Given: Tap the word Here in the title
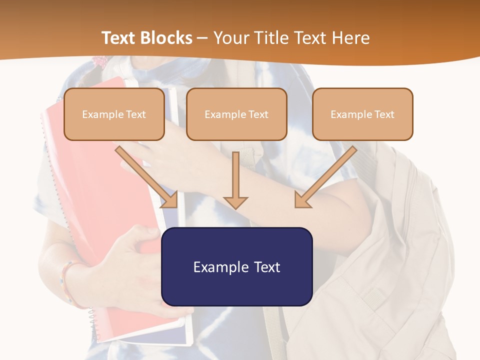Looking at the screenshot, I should pyautogui.click(x=350, y=38).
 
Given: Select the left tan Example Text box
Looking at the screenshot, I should pyautogui.click(x=114, y=114).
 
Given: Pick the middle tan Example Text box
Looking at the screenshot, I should pyautogui.click(x=236, y=114).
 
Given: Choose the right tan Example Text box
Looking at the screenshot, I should pyautogui.click(x=362, y=114).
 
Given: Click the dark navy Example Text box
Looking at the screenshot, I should pyautogui.click(x=236, y=266).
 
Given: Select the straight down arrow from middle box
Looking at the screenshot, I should pyautogui.click(x=235, y=180).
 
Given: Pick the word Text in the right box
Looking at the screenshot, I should pyautogui.click(x=384, y=114).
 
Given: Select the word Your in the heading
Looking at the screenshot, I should pyautogui.click(x=230, y=38).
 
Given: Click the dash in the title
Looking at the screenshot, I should pyautogui.click(x=202, y=38).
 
